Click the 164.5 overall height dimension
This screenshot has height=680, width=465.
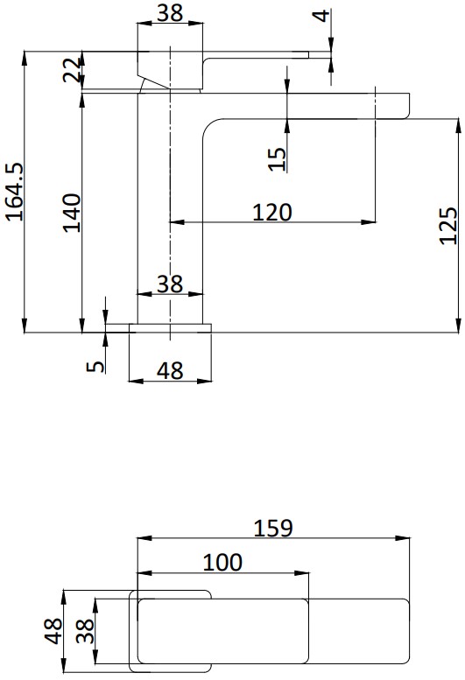click(14, 193)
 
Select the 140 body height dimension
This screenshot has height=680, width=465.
click(72, 213)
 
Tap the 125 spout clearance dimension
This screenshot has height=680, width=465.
click(448, 226)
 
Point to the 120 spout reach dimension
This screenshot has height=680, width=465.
click(272, 213)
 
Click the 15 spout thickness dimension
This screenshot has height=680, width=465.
click(278, 159)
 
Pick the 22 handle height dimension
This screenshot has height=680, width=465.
click(72, 69)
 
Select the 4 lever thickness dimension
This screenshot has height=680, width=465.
click(321, 16)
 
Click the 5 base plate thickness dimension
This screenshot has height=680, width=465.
click(95, 367)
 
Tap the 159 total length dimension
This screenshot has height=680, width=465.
click(273, 529)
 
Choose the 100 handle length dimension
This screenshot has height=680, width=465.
click(222, 563)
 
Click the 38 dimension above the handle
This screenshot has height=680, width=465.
click(170, 13)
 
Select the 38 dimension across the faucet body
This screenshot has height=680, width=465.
click(170, 284)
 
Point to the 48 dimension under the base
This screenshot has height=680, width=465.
click(170, 371)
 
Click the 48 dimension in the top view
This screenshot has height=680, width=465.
click(53, 631)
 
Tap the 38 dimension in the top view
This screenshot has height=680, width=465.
click(85, 631)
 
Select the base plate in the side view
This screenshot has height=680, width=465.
click(170, 328)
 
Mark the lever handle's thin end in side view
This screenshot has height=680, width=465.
click(308, 54)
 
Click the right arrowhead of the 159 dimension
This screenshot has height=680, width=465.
click(403, 538)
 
